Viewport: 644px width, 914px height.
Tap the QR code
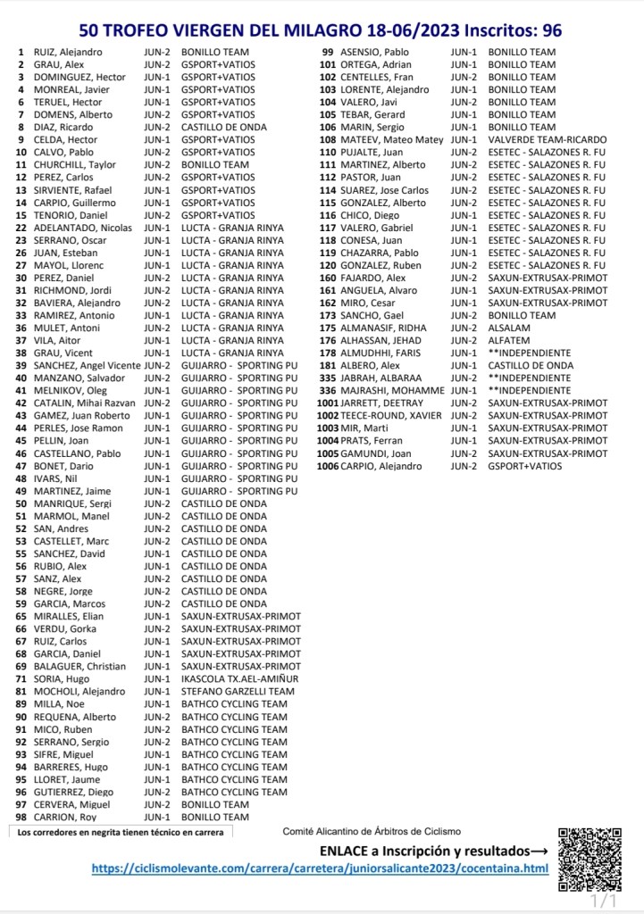590,860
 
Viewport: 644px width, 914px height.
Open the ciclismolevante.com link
319,868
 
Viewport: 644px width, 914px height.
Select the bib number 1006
327,466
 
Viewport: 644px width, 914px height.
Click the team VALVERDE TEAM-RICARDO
547,140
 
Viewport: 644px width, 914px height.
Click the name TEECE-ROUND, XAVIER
391,416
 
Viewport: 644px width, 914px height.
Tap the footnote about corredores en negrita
120,832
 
